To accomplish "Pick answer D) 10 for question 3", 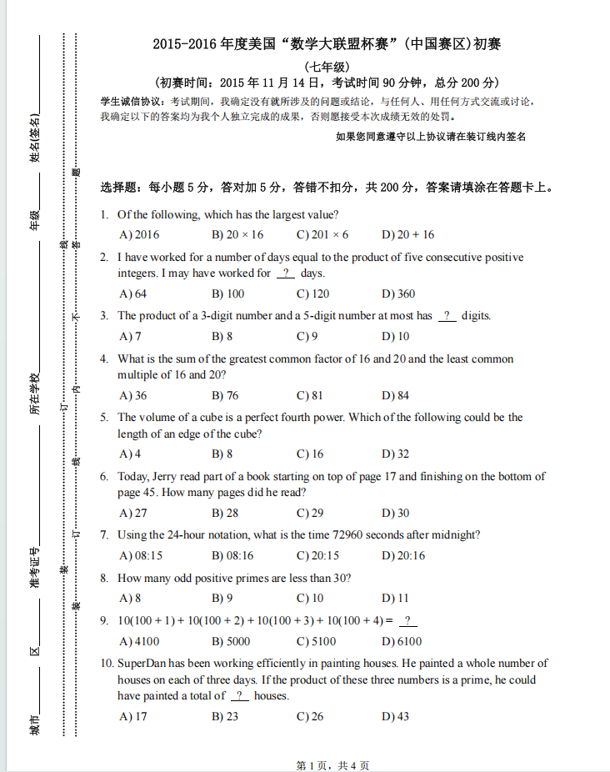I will (395, 337).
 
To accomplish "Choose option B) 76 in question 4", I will (225, 396).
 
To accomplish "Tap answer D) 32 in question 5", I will (395, 454).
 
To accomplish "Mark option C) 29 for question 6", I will (310, 514).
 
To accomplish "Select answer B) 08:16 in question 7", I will (232, 555).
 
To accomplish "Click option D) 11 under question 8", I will (395, 599).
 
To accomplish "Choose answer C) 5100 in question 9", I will (316, 641).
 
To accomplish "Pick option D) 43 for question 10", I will (395, 717).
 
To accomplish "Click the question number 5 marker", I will (104, 418).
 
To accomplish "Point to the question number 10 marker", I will (107, 664).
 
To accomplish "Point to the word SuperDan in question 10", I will (142, 664).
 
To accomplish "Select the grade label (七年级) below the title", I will (327, 67).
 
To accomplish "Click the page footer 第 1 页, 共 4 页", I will (332, 765).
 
